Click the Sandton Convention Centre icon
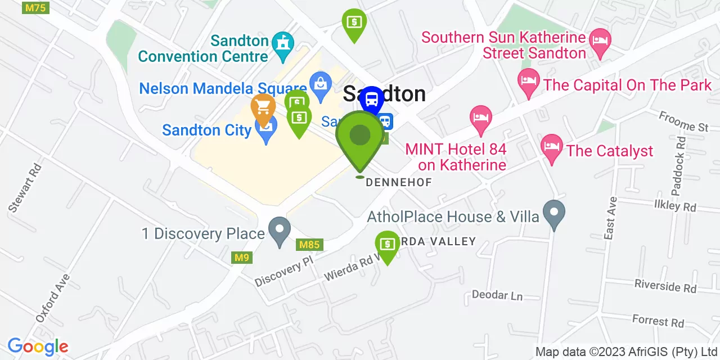(282, 43)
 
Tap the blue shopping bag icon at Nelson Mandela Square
(320, 85)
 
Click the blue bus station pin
(372, 100)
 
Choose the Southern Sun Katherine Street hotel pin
(600, 41)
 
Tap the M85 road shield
(309, 245)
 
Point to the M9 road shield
(242, 258)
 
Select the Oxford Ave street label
(52, 298)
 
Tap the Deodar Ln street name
(497, 295)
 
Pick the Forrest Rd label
(658, 321)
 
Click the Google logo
(38, 346)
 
